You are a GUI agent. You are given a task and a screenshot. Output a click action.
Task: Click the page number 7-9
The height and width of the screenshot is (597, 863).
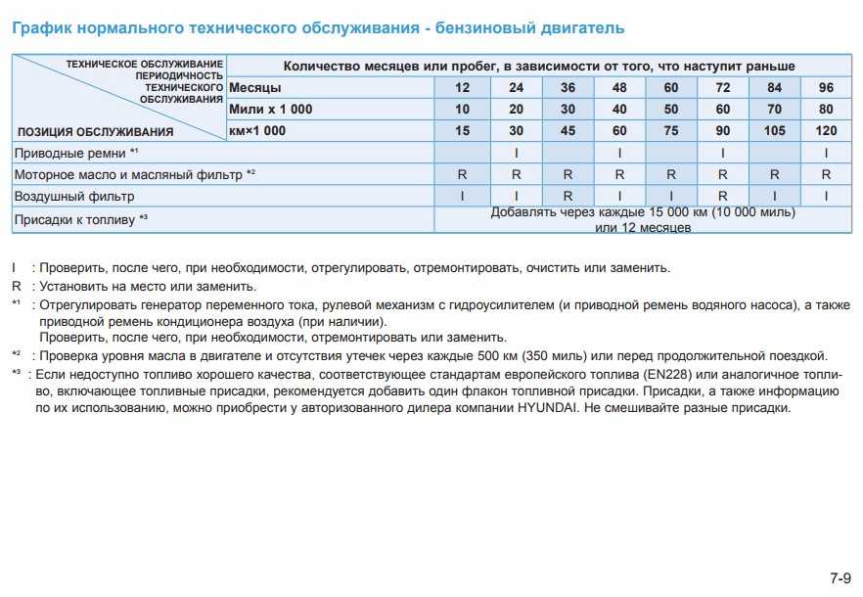tap(840, 575)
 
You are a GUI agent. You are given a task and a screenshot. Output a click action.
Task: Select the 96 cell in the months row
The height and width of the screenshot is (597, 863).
tap(826, 88)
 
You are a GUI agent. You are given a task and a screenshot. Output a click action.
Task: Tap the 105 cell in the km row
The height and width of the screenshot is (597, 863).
tap(774, 131)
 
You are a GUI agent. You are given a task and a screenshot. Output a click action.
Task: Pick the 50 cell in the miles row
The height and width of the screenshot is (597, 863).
tap(670, 110)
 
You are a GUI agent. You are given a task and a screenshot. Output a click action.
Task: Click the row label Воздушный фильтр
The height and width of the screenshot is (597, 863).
tap(74, 196)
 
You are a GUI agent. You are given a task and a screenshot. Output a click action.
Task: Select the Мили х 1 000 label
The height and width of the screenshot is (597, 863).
tap(271, 110)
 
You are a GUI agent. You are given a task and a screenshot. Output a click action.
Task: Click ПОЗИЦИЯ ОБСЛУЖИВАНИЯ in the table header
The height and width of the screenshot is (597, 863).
tap(96, 131)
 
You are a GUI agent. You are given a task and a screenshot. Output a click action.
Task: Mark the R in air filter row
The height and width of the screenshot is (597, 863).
tap(567, 196)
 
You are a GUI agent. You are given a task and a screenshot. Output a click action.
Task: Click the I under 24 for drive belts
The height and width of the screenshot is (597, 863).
tap(515, 153)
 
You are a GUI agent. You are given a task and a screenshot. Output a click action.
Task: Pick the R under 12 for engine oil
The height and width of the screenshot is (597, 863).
tap(462, 174)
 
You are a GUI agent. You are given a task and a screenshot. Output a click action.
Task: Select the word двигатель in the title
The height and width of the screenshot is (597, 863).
tap(580, 28)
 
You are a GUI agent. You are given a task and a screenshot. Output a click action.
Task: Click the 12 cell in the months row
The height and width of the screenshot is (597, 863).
tap(462, 88)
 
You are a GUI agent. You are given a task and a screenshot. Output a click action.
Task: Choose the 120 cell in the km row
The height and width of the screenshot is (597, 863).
tap(826, 131)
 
